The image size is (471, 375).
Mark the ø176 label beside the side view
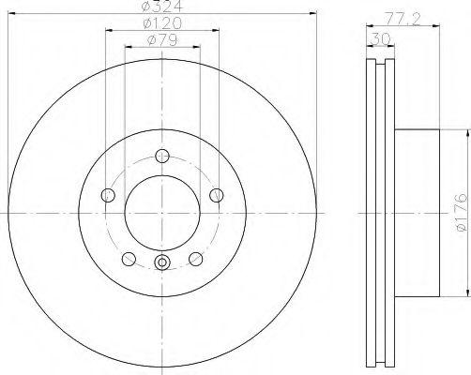(459, 214)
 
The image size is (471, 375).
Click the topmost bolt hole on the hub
(162, 156)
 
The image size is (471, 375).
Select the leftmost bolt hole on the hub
(107, 195)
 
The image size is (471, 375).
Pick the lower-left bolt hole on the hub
(129, 259)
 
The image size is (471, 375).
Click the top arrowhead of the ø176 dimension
(464, 131)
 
